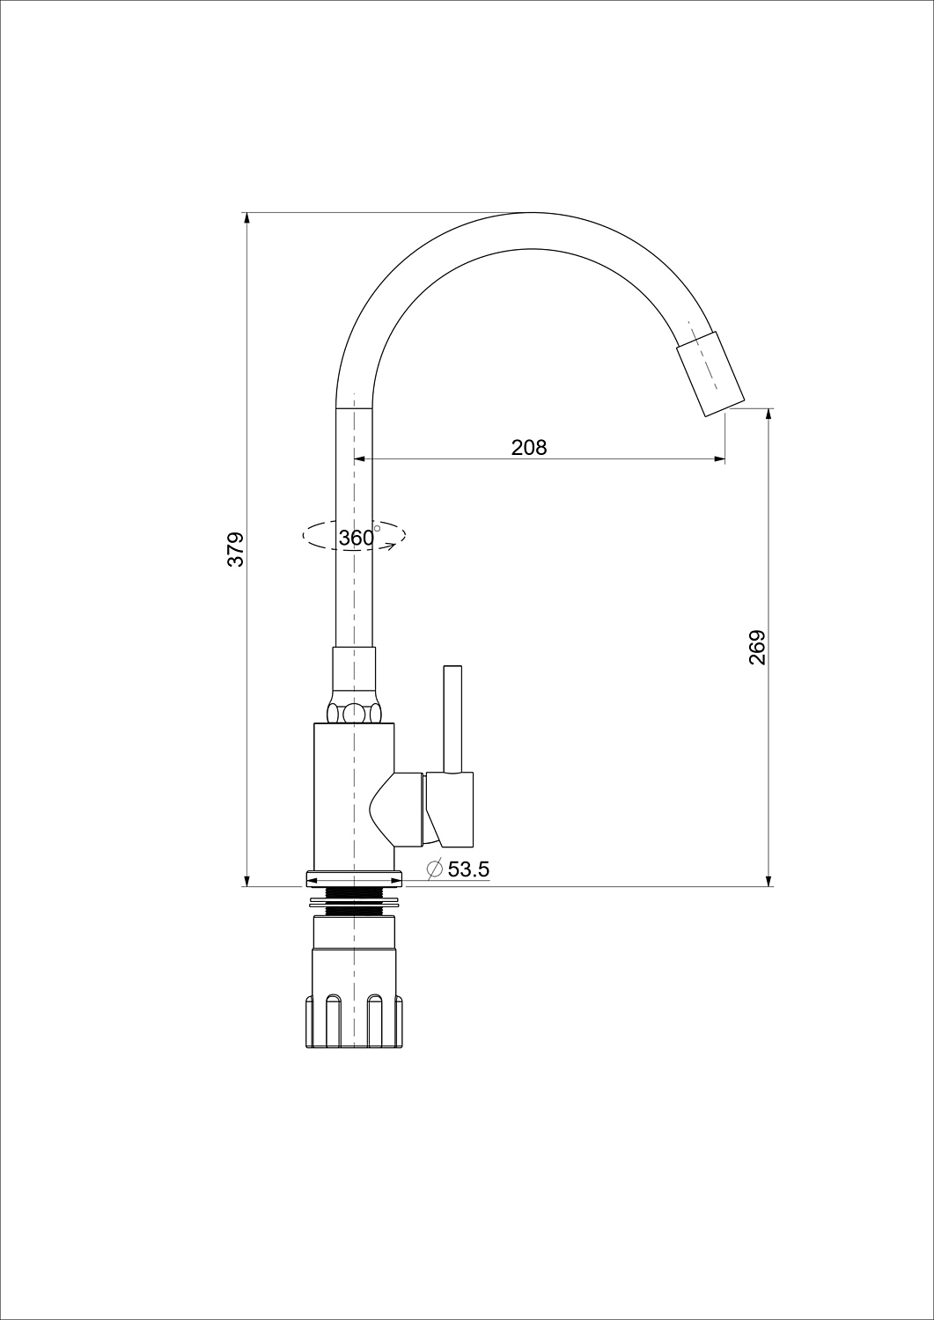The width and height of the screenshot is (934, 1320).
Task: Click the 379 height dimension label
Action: [236, 549]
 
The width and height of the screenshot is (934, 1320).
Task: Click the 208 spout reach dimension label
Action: [529, 448]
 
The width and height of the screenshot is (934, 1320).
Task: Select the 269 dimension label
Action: [757, 648]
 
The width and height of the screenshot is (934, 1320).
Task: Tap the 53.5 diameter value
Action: [469, 869]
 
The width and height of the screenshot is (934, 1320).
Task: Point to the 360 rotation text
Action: [357, 538]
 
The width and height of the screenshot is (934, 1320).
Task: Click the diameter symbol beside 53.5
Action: [435, 869]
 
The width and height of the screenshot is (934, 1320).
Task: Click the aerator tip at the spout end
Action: [710, 375]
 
